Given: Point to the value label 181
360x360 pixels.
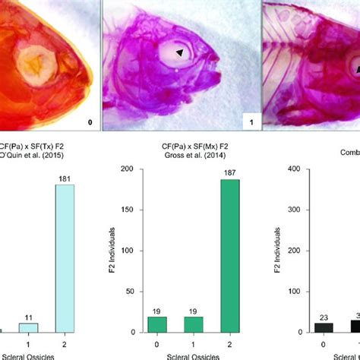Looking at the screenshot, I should [x=63, y=180].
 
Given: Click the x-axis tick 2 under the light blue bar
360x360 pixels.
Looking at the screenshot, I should [x=63, y=343].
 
